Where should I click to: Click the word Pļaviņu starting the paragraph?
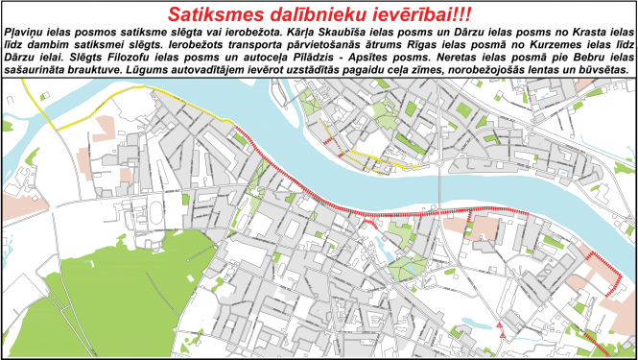pyautogui.click(x=27, y=33)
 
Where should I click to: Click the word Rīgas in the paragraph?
pyautogui.click(x=436, y=45)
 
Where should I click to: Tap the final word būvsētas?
pyautogui.click(x=602, y=70)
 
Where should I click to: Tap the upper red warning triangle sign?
pyautogui.click(x=499, y=324)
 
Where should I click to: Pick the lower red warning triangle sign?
pyautogui.click(x=503, y=334)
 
